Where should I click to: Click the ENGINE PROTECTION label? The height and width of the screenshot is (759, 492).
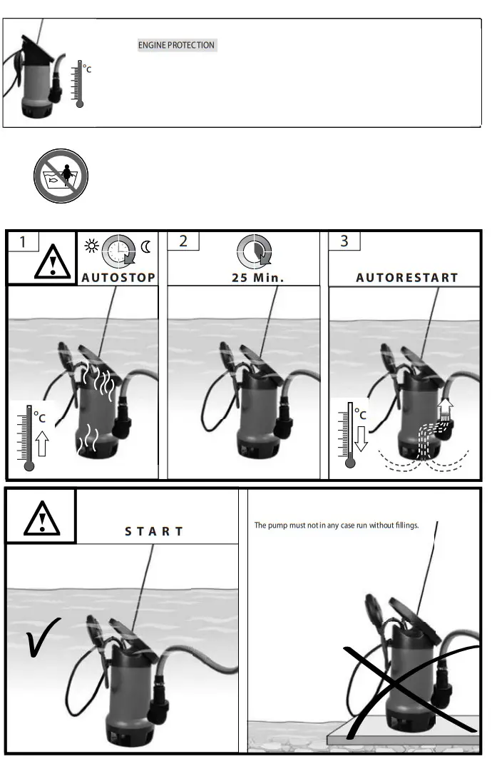176,45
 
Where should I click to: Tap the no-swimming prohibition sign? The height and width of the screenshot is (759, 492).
61,176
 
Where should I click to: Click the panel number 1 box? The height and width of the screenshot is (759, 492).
23,241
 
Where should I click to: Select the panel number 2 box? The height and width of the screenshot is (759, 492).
183,241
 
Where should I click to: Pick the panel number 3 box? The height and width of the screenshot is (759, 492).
344,241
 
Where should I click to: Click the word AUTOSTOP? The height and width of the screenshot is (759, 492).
118,278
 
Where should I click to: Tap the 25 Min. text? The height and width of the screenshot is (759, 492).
257,278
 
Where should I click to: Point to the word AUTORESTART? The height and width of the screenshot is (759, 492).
406,278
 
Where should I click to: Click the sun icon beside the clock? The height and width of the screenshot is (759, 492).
91,247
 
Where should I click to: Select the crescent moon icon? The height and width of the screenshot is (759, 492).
147,247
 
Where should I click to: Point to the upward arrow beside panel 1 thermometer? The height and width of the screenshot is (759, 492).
42,443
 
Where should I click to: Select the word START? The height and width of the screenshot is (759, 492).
154,531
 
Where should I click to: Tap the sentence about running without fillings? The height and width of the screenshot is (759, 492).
337,526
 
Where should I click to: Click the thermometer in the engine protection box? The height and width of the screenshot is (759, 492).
79,84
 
